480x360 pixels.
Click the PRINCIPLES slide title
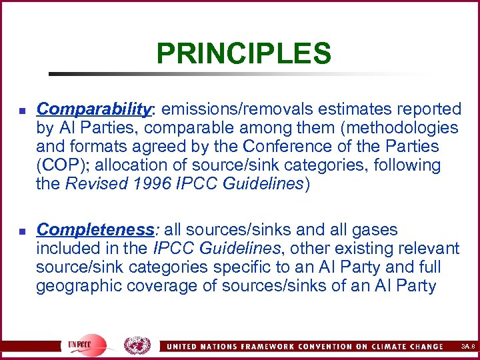tap(243, 53)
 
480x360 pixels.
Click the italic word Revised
tap(92, 183)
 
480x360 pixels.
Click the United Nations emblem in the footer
tap(137, 345)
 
